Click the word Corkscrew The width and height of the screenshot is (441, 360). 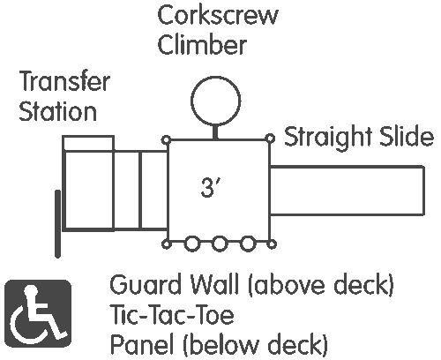[x=218, y=16]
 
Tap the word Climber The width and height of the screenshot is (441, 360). [x=202, y=45]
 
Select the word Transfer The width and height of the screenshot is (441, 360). [x=64, y=81]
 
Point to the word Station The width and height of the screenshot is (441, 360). [x=57, y=111]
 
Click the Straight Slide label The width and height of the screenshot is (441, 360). [x=359, y=137]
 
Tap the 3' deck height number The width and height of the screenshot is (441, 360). [x=210, y=188]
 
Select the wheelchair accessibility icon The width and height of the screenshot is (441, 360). [x=38, y=313]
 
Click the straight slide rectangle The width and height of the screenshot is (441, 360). [x=347, y=167]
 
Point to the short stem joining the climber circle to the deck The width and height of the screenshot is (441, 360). [x=215, y=132]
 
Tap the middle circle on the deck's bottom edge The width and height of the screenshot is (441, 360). [x=220, y=244]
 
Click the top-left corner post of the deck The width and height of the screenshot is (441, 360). [x=167, y=140]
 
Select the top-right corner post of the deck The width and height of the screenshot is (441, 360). [x=270, y=139]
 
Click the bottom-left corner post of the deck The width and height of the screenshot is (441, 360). [x=167, y=244]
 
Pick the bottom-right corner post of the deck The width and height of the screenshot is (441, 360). [x=273, y=244]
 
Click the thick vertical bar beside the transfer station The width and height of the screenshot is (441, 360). [x=58, y=224]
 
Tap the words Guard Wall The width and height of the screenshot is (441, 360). [x=174, y=284]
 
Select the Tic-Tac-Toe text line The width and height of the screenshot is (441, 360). [x=172, y=315]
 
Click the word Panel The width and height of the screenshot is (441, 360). [x=141, y=344]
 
